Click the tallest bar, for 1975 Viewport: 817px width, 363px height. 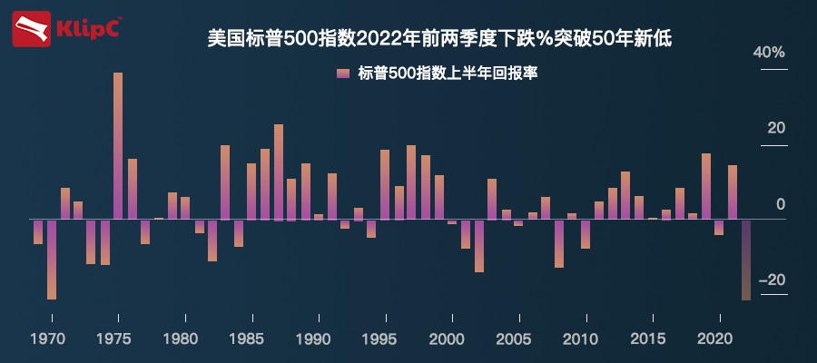click(118, 145)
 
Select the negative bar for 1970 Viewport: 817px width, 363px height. click(52, 259)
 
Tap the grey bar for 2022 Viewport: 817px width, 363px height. click(746, 260)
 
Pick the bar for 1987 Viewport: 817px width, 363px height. click(279, 172)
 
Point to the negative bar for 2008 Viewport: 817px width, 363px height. click(559, 243)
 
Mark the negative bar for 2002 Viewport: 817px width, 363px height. click(479, 245)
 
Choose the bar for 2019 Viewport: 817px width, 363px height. click(706, 186)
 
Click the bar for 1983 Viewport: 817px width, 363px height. click(225, 181)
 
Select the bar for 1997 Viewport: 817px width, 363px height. click(411, 181)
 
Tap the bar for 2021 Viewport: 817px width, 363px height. click(733, 191)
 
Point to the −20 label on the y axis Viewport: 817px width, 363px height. click(771, 280)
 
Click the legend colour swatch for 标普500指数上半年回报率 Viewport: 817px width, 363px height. click(342, 74)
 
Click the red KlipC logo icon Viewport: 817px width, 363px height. click(31, 29)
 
